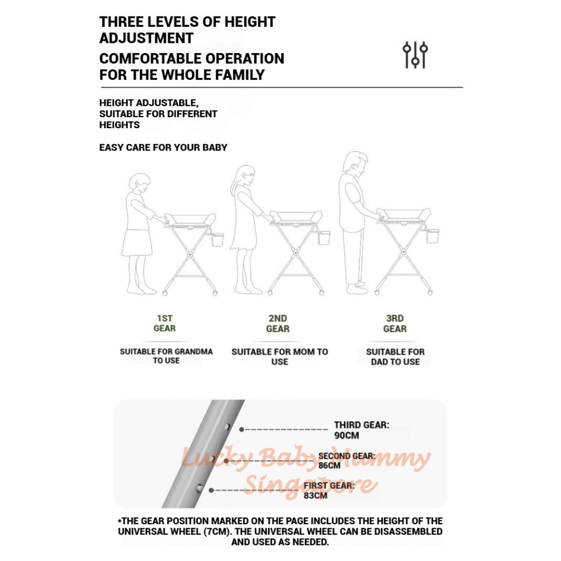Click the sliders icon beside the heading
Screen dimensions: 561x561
pos(415,55)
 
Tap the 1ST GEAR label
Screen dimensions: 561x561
pos(164,323)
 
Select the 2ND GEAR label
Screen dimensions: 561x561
pos(278,323)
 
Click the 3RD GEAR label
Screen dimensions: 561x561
pos(394,323)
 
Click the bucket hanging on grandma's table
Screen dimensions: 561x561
pos(217,240)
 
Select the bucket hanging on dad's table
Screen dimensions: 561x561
pos(433,236)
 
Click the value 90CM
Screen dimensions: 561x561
pos(346,436)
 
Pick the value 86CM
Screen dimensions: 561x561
pos(329,466)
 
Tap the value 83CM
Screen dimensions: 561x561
pos(315,495)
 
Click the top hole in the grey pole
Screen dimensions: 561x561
pos(227,427)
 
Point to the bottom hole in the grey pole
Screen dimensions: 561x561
pos(199,488)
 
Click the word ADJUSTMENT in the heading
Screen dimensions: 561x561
pos(146,38)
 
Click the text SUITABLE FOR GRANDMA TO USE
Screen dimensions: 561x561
pos(167,356)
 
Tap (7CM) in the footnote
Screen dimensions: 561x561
pos(217,531)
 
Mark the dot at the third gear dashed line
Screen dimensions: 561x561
pos(242,430)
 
